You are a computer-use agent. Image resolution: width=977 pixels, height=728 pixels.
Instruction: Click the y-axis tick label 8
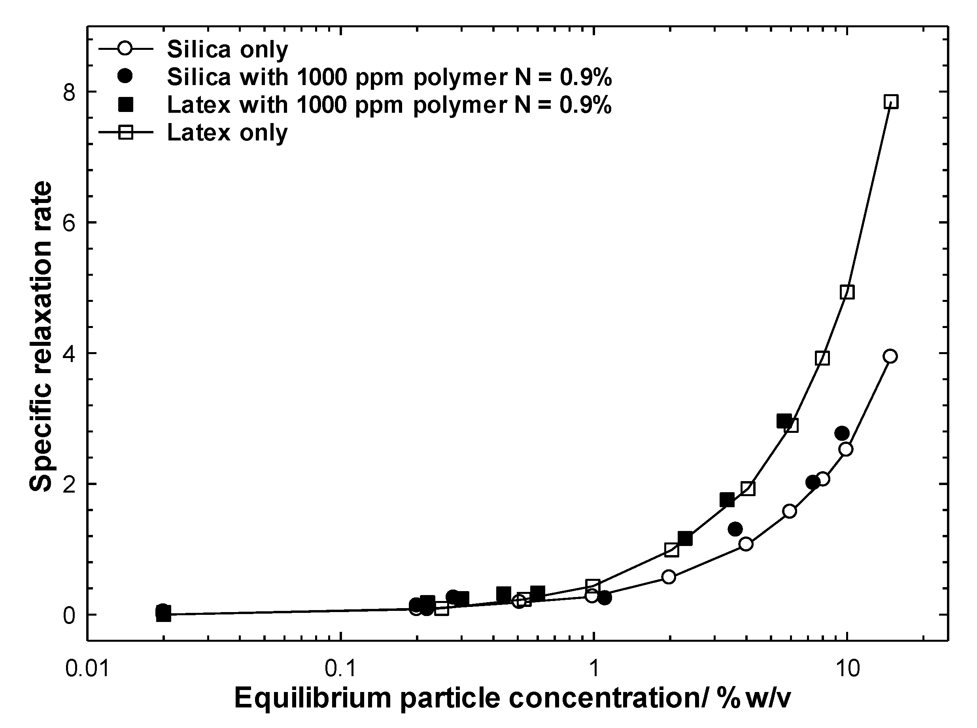click(70, 92)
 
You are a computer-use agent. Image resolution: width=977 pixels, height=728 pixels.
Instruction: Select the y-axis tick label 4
click(70, 353)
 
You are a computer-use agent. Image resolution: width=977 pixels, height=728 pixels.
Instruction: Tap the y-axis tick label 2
click(70, 484)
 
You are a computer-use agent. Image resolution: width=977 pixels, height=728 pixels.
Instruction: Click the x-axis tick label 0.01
click(87, 669)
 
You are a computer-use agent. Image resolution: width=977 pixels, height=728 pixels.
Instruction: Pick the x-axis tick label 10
click(847, 669)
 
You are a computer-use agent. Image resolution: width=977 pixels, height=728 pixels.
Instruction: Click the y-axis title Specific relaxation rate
click(40, 337)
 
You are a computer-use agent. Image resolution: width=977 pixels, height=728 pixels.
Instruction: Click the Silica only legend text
click(227, 49)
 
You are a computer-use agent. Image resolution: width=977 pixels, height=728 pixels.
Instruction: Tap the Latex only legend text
click(227, 132)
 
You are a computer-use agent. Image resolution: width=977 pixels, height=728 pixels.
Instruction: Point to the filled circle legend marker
click(125, 77)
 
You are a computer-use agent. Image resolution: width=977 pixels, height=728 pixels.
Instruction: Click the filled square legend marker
click(125, 104)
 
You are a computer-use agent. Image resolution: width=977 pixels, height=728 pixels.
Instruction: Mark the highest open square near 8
click(890, 102)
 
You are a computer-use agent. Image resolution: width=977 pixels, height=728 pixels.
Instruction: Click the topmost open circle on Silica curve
click(890, 356)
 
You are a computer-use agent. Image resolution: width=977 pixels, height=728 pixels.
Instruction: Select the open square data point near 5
click(847, 292)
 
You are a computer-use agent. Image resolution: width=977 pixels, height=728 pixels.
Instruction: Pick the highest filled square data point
click(783, 421)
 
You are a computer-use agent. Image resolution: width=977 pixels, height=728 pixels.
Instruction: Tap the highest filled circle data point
click(841, 433)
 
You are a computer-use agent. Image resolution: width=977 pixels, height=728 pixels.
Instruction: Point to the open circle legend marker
click(125, 49)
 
